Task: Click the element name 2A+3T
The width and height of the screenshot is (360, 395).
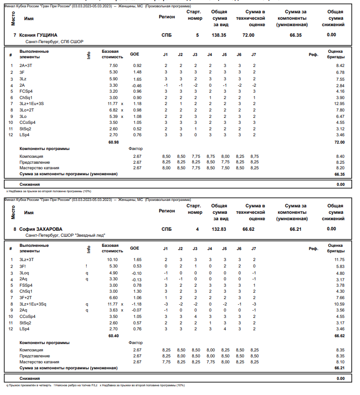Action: pos(27,66)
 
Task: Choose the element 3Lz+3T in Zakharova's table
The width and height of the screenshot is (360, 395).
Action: pos(27,260)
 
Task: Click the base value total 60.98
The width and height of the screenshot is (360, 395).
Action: pos(113,142)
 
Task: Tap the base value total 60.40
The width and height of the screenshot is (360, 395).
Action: pos(113,336)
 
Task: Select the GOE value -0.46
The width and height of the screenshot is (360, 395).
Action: pos(137,85)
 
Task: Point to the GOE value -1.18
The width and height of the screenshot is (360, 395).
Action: pos(137,304)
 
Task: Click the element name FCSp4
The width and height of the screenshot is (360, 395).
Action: pos(26,91)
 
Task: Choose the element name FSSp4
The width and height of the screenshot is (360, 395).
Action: pos(26,285)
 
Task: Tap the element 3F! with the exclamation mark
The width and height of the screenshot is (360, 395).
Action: pos(22,266)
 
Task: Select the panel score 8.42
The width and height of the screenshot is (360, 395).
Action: pos(339,66)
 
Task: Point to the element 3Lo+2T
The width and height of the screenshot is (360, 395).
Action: pos(27,110)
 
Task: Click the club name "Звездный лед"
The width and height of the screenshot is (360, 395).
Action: pos(91,235)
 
